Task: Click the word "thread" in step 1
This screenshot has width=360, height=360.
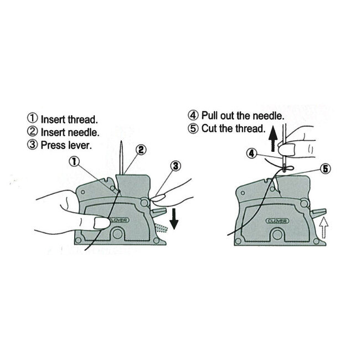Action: (83, 120)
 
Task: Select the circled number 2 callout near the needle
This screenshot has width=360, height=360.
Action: (141, 150)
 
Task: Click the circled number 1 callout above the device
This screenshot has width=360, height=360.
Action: (74, 161)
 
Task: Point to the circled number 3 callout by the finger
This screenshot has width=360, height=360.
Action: (176, 166)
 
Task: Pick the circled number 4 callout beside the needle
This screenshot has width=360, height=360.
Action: (251, 153)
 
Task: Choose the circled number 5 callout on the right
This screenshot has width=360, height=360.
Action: (326, 169)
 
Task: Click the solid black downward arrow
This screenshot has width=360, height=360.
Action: (174, 219)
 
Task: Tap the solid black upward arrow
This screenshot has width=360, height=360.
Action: (273, 138)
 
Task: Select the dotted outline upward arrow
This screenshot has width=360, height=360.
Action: (324, 228)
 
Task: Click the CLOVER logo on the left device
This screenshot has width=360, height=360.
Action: (119, 220)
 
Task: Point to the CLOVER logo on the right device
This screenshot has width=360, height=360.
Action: (277, 221)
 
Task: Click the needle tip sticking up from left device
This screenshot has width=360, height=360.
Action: (121, 142)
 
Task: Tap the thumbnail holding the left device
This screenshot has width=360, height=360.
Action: (101, 223)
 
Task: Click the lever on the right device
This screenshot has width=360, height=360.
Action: (318, 213)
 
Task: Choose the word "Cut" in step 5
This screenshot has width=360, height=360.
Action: (209, 128)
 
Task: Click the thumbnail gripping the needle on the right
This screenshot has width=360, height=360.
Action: (286, 149)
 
